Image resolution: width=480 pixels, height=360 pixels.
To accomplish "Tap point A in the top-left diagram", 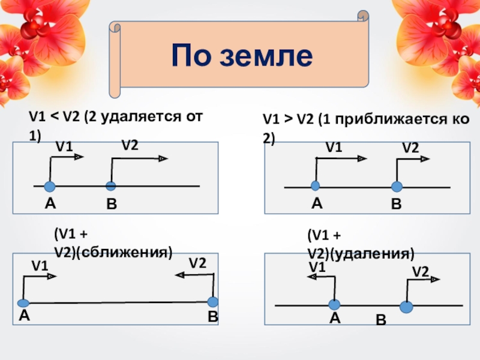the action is pos(50,185).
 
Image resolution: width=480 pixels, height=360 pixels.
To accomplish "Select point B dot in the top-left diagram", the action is pos(110,185).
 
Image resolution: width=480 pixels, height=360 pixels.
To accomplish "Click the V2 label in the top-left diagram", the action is pos(130,145).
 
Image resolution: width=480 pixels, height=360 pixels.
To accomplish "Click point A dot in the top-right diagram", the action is pos(316,185).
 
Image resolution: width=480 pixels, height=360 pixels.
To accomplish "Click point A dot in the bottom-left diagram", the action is pos(23,302).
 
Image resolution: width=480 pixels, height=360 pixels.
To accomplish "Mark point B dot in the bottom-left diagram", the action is pos(212,301).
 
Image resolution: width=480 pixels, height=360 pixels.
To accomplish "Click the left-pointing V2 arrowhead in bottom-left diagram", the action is pos(179,275).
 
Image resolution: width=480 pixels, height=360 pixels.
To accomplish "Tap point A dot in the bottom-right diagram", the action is pos(334,304).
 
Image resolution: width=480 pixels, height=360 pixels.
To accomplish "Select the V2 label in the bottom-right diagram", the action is pos(420,272).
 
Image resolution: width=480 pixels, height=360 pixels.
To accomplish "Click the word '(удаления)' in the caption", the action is pos(376,254).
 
